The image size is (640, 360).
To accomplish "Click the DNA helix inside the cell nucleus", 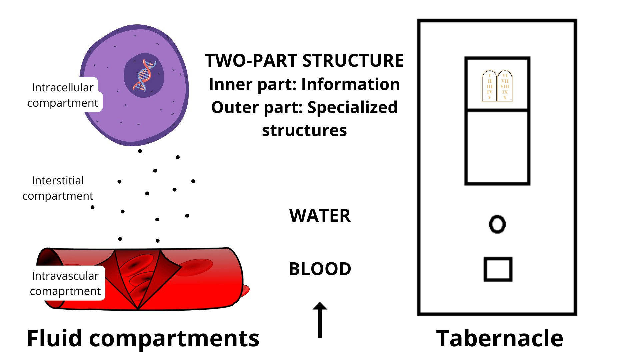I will (145, 76).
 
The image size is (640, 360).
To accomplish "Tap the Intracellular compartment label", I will (63, 95).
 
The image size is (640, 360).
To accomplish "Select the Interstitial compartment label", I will (58, 188).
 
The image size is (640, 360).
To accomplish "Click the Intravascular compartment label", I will (65, 283).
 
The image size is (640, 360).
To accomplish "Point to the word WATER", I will (320, 216).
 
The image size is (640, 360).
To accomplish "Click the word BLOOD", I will (320, 269).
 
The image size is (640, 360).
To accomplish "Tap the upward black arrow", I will (320, 320).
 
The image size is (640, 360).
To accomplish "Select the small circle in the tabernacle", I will (497, 224).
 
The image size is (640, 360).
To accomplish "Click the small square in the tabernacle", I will (498, 269).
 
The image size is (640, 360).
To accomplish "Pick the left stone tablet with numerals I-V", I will (489, 86).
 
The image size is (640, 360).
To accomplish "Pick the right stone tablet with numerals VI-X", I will (505, 86).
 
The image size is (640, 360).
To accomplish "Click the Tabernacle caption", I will (499, 338).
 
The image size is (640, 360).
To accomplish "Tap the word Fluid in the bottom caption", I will (54, 338).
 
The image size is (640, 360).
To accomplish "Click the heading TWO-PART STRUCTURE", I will (304, 61).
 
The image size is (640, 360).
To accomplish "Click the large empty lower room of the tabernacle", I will (497, 147).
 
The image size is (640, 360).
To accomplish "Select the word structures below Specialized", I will (304, 131).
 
